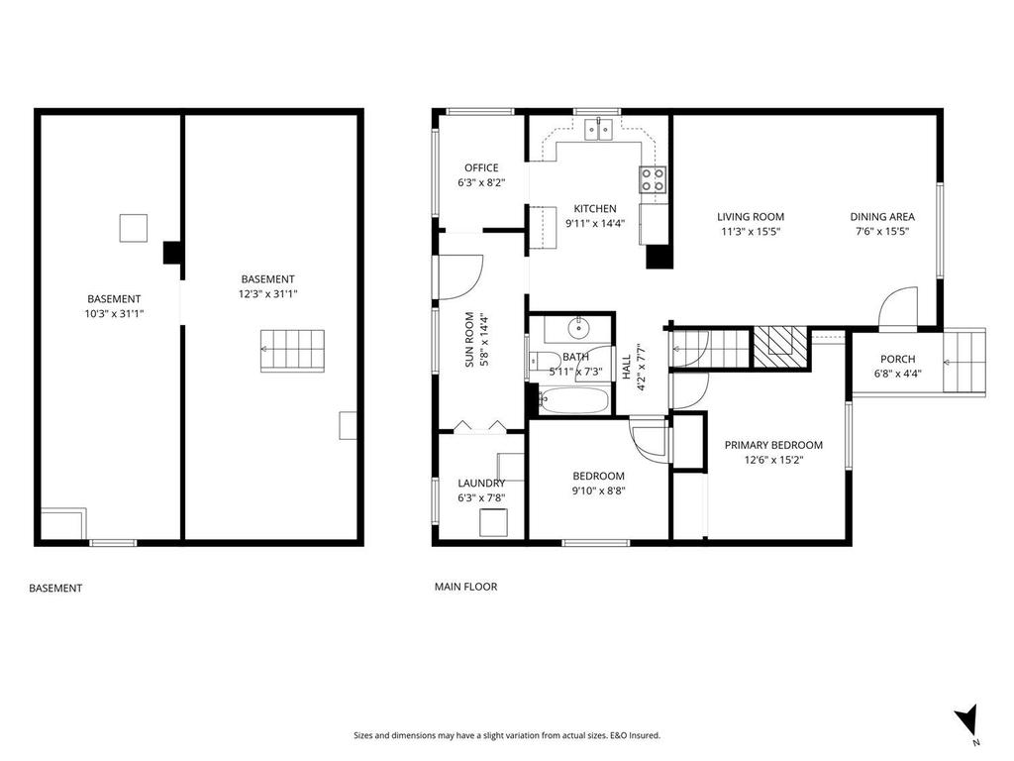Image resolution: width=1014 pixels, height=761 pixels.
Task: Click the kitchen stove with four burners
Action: pyautogui.click(x=653, y=179)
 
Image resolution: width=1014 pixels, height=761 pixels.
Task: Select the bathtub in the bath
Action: pyautogui.click(x=575, y=401)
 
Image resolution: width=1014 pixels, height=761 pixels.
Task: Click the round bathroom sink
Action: pyautogui.click(x=579, y=328)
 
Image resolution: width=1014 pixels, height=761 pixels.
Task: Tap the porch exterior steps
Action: pyautogui.click(x=964, y=362)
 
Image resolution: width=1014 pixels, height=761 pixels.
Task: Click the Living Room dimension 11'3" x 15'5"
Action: pyautogui.click(x=751, y=232)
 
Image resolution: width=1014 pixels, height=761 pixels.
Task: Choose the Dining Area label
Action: pyautogui.click(x=881, y=216)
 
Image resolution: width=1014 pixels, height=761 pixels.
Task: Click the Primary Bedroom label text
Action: pyautogui.click(x=773, y=445)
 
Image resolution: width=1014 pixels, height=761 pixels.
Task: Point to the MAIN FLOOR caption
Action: pyautogui.click(x=465, y=587)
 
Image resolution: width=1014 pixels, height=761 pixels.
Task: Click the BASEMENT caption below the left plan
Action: pyautogui.click(x=55, y=588)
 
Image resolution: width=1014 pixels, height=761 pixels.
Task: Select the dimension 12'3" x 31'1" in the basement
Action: pyautogui.click(x=267, y=294)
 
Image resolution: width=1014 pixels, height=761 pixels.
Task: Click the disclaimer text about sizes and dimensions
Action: pyautogui.click(x=507, y=735)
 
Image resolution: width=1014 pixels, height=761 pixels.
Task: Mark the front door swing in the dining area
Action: pyautogui.click(x=898, y=306)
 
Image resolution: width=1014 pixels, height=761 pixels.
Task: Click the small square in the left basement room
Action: pyautogui.click(x=133, y=228)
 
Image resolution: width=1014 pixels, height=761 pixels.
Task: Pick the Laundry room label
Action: pyautogui.click(x=480, y=484)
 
